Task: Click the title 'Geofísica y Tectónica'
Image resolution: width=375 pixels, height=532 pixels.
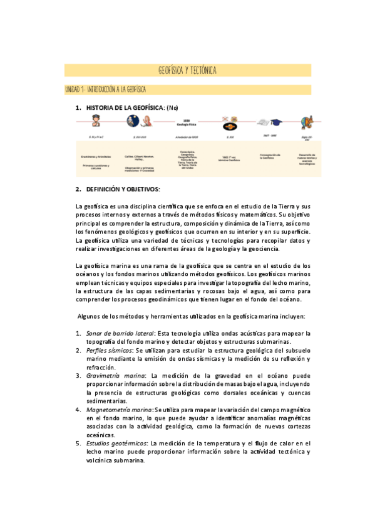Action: [x=187, y=70]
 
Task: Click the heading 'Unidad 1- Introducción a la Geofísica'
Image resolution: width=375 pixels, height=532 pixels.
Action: [x=106, y=90]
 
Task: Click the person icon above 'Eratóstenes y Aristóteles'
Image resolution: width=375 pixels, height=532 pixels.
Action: [x=95, y=120]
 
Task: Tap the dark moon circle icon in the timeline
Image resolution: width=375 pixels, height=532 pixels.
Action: [x=133, y=120]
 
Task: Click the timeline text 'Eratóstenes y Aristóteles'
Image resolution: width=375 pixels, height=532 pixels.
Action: [x=95, y=157]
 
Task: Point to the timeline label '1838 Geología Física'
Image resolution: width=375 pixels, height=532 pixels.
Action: [x=187, y=122]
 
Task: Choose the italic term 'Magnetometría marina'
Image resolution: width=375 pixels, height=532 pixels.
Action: [x=119, y=409]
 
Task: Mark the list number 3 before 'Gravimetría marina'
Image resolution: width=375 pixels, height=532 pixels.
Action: [x=78, y=375]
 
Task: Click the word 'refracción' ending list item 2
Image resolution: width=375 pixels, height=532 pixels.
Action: [x=101, y=366]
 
